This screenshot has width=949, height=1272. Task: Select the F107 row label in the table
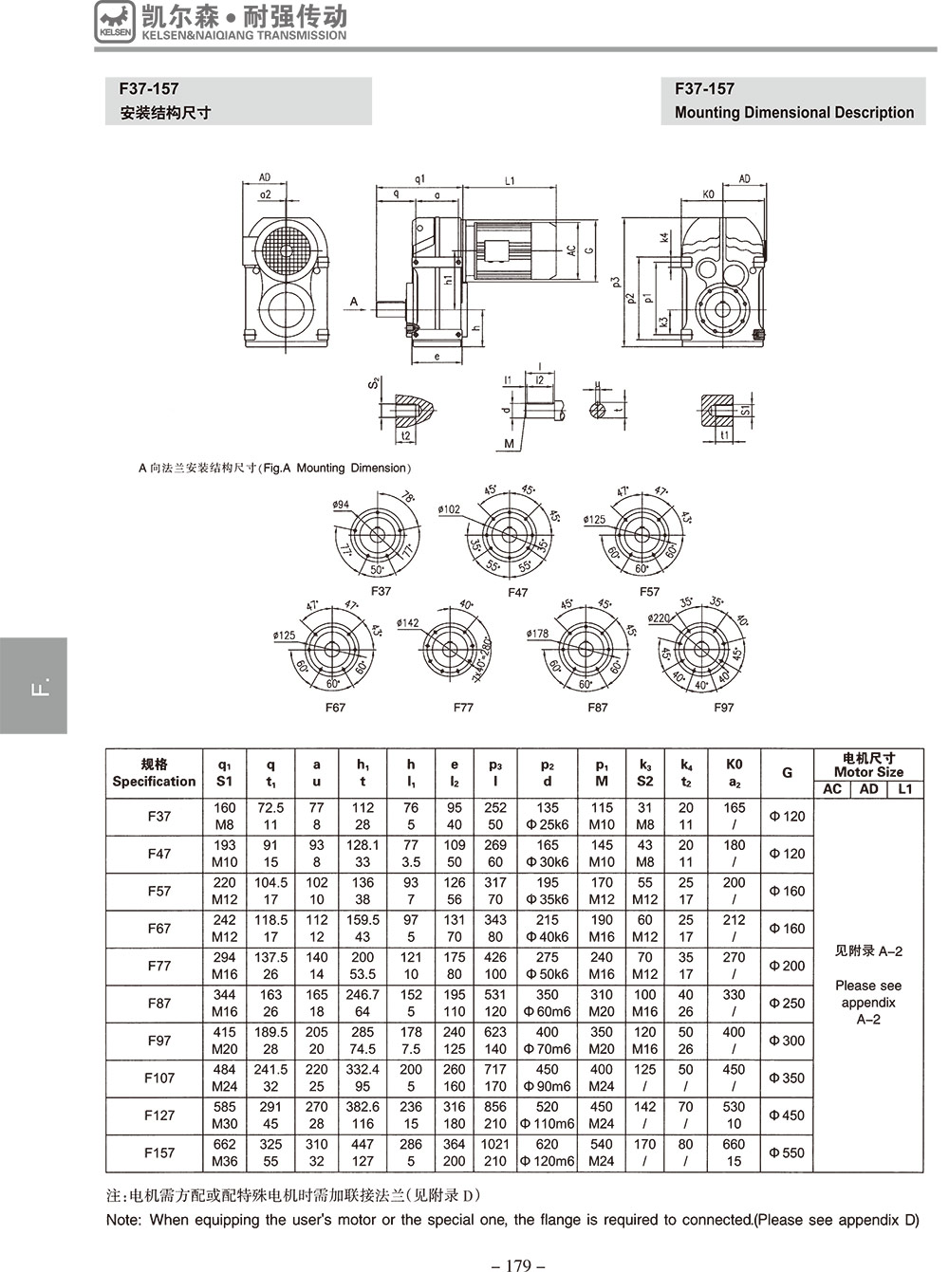pos(159,1078)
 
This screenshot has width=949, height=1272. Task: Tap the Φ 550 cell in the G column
pos(786,1152)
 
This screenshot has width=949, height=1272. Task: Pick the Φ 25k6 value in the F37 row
pos(548,825)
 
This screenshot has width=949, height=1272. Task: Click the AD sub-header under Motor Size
pos(868,789)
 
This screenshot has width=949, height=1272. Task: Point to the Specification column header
pos(154,773)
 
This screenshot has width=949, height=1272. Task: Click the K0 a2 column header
pos(734,773)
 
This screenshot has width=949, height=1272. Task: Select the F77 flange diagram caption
pos(463,708)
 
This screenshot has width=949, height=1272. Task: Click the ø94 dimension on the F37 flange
pos(341,506)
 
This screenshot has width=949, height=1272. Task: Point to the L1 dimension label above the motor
pos(510,179)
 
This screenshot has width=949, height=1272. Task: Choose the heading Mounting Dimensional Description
pos(793,113)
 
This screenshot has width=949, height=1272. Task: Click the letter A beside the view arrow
pos(354,302)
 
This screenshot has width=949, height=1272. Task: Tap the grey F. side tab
pos(34,686)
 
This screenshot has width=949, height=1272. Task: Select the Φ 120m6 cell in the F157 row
pos(548,1161)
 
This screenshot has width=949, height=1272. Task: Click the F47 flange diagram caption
pos(517,593)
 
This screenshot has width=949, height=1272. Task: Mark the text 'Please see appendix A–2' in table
pos(868,1003)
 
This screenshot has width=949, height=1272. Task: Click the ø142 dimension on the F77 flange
pos(407,623)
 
